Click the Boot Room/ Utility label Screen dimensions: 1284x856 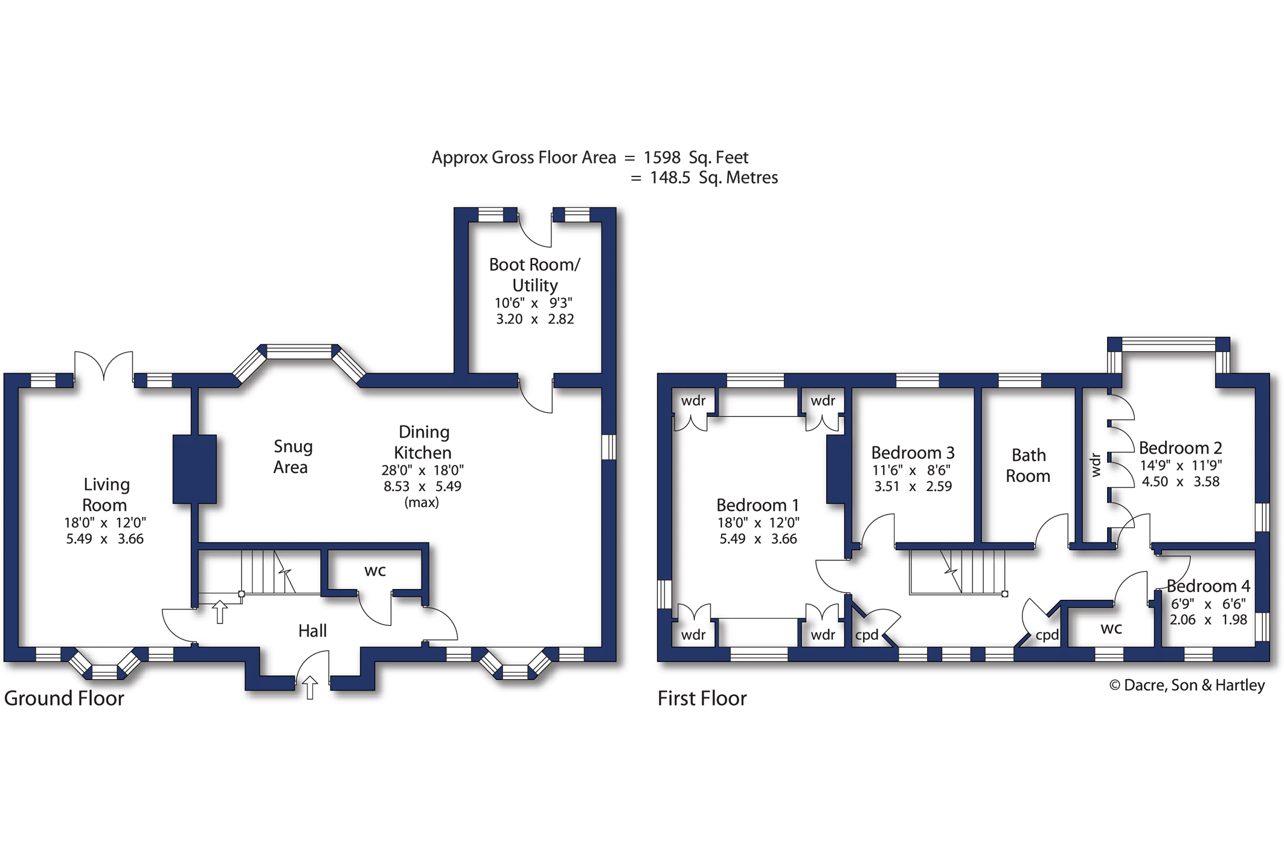534,274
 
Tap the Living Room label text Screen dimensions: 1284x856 106,494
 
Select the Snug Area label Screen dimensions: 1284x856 292,457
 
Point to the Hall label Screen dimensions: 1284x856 312,631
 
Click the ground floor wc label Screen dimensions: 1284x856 375,571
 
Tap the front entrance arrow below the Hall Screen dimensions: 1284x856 310,687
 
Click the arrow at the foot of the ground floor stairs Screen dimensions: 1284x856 220,612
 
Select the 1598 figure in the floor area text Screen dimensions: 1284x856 662,158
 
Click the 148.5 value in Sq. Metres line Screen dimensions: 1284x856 670,178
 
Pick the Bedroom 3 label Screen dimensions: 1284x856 913,452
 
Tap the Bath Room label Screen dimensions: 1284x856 1028,465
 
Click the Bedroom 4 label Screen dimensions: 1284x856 1208,586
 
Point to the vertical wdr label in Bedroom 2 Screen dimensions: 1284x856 1096,465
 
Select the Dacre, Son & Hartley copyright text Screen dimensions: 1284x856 1187,685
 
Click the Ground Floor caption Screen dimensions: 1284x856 64,698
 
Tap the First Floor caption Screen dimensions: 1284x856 702,698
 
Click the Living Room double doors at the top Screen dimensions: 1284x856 104,366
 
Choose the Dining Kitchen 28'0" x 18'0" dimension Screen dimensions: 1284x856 422,470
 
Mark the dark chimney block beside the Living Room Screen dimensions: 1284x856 194,469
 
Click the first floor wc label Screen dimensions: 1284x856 1111,628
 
